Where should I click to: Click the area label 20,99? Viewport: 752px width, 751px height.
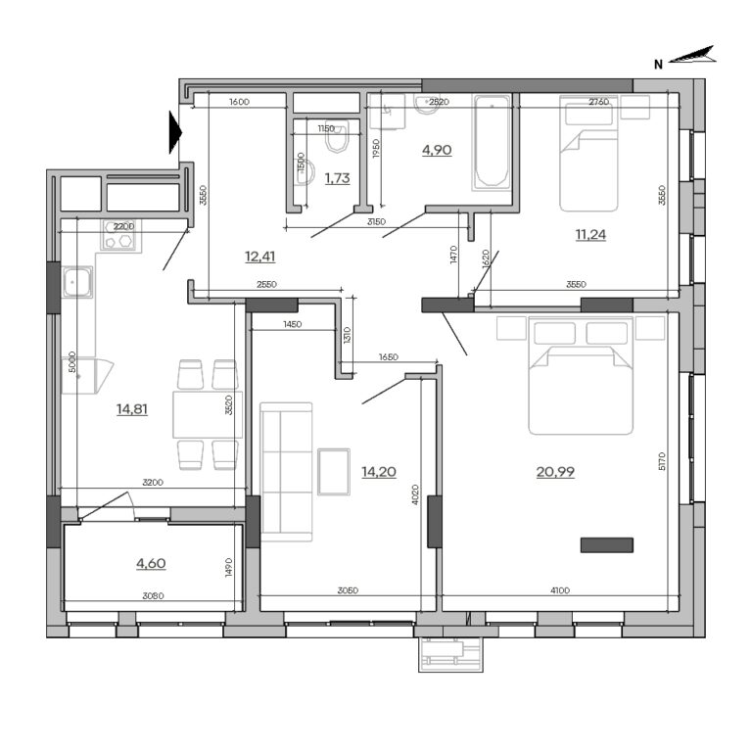pos(555,472)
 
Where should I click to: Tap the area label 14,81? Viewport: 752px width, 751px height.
pos(131,409)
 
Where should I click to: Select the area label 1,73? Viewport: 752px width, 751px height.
pos(337,178)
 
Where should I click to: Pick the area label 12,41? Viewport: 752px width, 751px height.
pos(259,258)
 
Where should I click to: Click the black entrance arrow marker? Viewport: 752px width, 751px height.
pos(174,132)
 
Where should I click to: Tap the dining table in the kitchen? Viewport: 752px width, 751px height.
pos(207,414)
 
